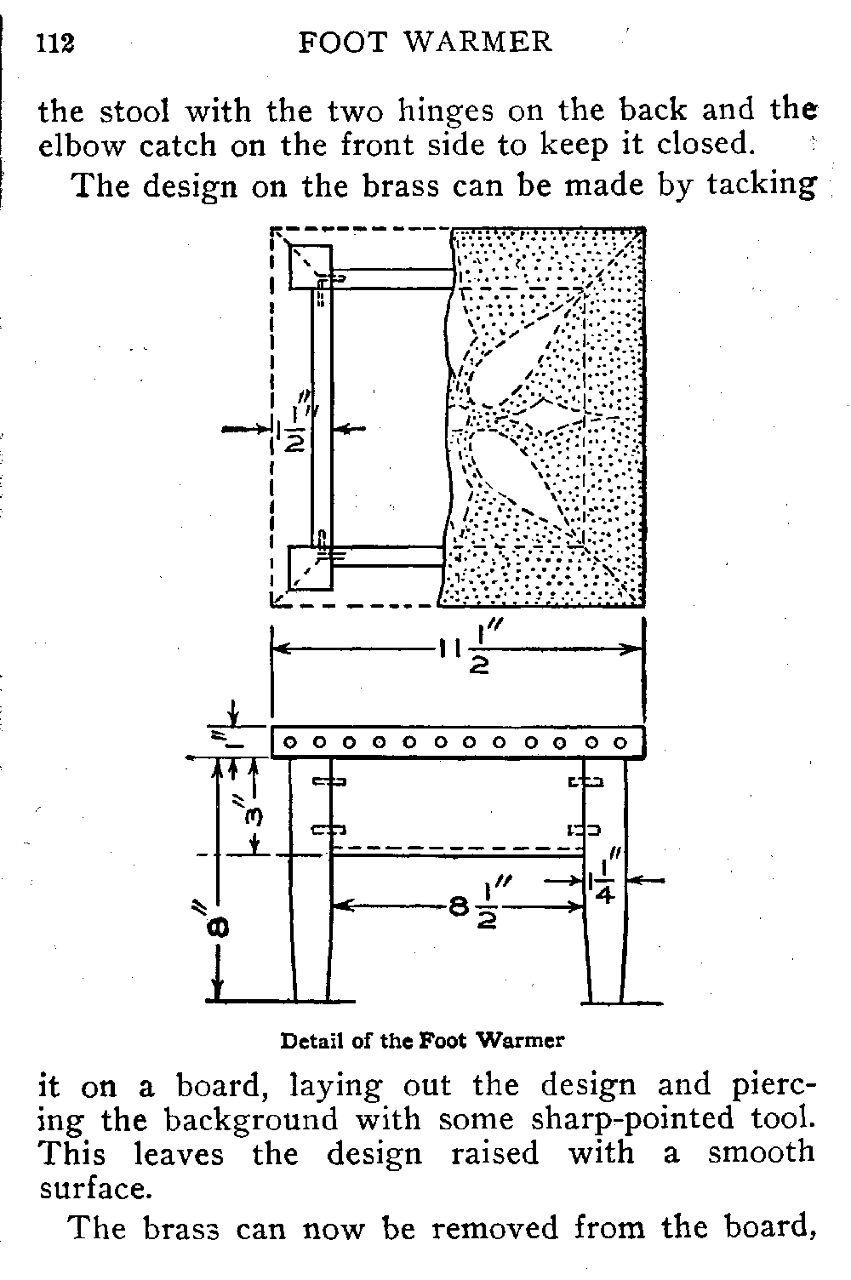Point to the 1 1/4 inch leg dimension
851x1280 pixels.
click(601, 883)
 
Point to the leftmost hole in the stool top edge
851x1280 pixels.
click(289, 743)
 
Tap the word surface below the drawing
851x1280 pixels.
click(94, 1189)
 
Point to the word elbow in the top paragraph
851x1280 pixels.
click(83, 146)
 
